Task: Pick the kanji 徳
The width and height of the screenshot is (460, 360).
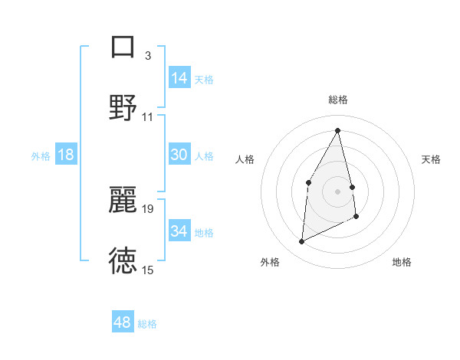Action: pos(123,260)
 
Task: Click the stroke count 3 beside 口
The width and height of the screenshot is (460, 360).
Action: pos(148,55)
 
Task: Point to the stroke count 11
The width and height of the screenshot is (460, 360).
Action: pos(148,116)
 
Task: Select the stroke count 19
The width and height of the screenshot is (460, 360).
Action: pos(148,208)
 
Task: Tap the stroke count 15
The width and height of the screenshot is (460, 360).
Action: pos(148,270)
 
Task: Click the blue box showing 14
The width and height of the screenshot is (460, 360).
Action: pos(179,78)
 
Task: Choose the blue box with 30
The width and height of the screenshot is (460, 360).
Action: pos(179,155)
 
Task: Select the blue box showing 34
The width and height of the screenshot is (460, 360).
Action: pos(179,231)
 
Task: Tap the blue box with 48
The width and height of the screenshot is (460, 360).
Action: pos(123,322)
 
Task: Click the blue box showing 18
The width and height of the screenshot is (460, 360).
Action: pos(66,155)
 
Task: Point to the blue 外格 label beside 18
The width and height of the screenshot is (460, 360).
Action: pos(41,155)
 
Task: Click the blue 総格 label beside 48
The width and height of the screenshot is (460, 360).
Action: pos(147,324)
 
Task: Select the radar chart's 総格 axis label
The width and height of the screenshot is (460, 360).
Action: pos(338,100)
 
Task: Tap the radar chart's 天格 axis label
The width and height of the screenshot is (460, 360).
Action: pos(432,159)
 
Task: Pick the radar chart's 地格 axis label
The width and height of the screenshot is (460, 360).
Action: pos(402,262)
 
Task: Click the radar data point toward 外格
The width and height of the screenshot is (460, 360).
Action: pos(301,242)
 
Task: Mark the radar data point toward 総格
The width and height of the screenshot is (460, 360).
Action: pos(337,130)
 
